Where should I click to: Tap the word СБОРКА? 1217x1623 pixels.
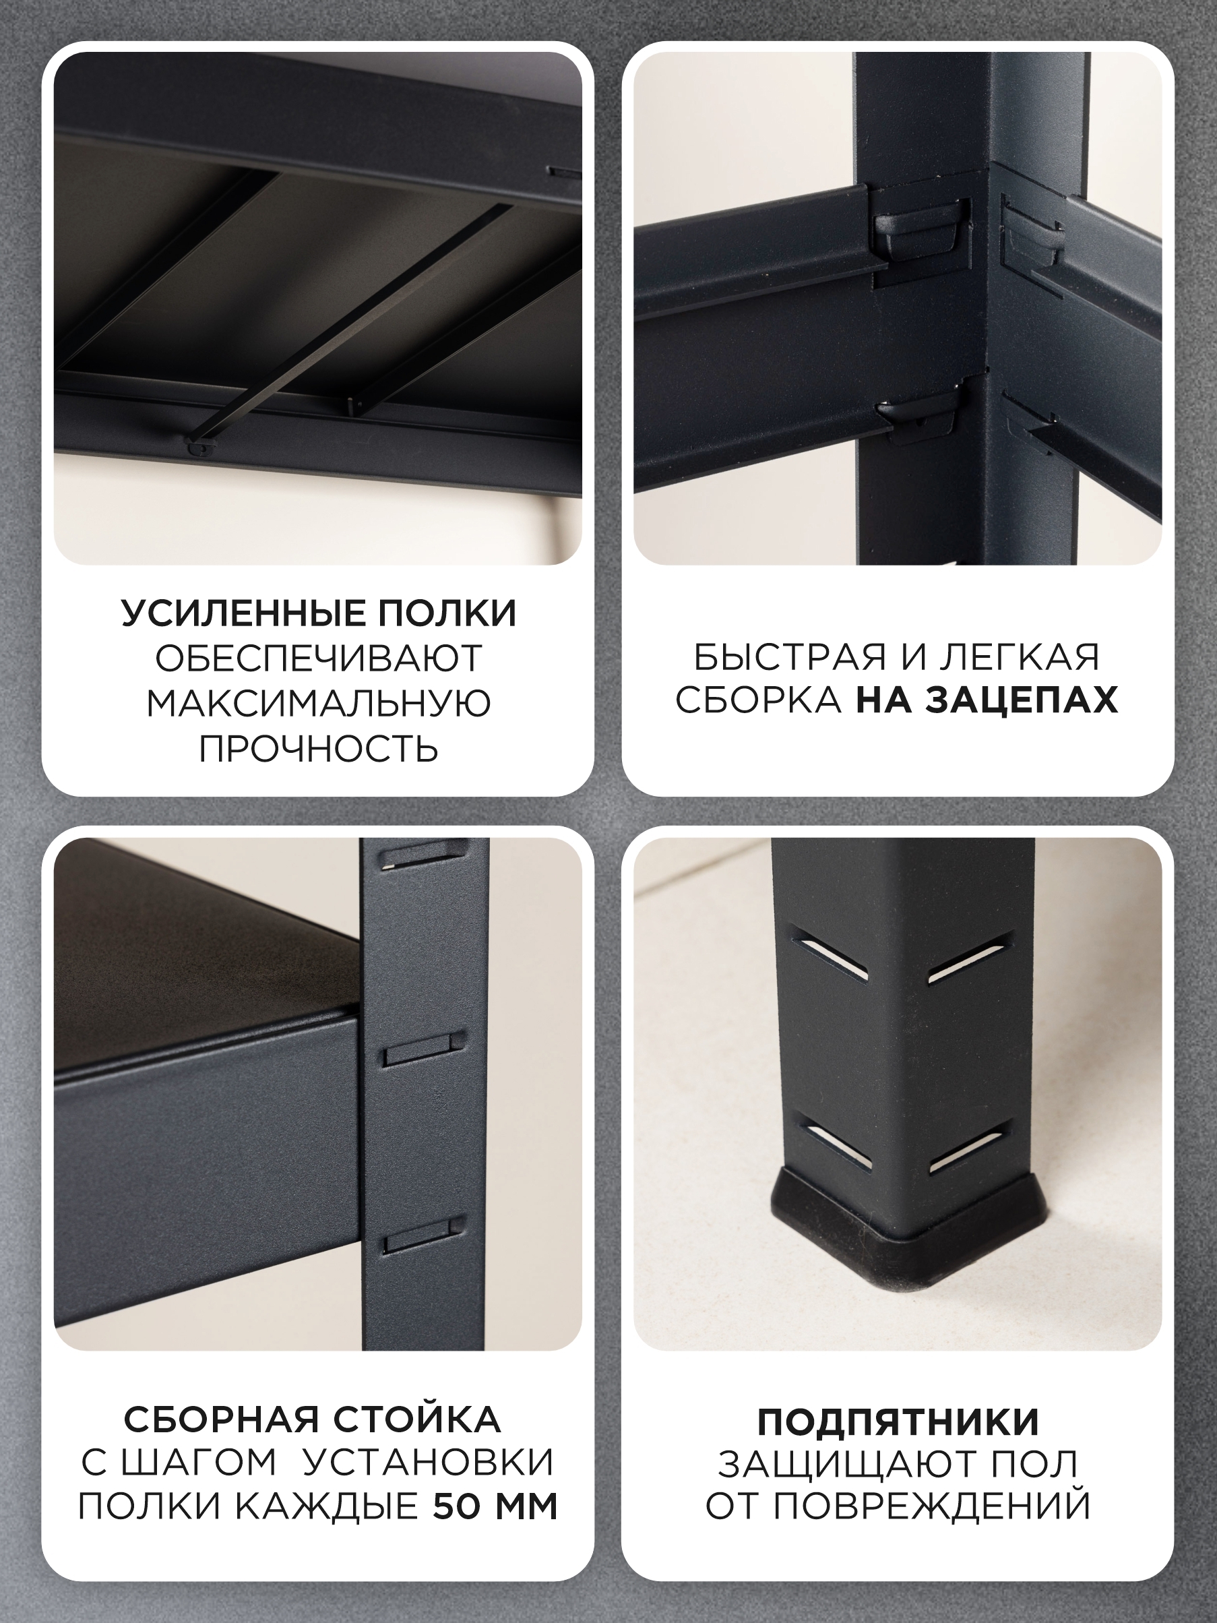[758, 701]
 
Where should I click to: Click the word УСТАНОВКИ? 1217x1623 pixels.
[429, 1465]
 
